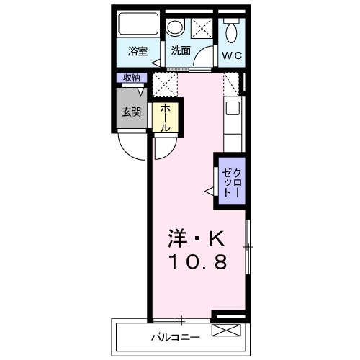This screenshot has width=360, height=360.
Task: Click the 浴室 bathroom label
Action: coord(138,51)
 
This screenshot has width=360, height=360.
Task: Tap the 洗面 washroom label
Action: coord(181,51)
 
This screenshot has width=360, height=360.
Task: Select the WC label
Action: coord(231,55)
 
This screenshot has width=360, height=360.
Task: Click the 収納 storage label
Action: coord(130,78)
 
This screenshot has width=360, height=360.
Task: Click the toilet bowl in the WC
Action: coord(231,32)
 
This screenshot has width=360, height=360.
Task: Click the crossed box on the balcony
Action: coord(224,330)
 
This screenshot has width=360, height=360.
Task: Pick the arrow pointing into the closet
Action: coord(210,191)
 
